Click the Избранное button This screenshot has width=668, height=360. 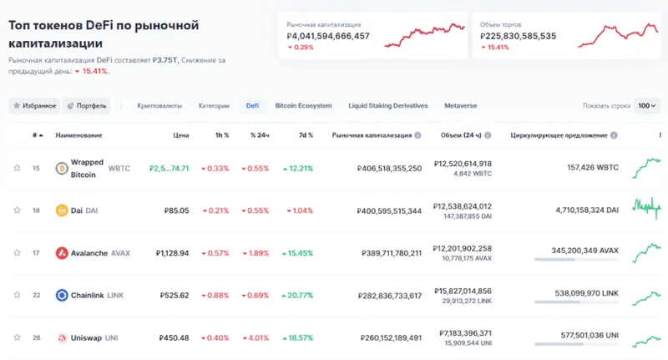(34, 106)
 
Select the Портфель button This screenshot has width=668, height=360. (87, 106)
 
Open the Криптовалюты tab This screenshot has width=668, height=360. (159, 106)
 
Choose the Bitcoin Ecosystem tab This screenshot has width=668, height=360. (303, 106)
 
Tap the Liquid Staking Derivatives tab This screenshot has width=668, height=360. (387, 106)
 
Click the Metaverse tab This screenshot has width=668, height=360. (461, 106)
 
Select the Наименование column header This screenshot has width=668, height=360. (78, 134)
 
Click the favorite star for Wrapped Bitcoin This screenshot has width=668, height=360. (17, 168)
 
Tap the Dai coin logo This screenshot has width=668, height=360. (61, 210)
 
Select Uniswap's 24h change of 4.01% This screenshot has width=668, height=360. (256, 338)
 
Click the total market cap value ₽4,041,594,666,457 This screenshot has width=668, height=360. (327, 36)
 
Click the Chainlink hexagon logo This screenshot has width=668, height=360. (61, 296)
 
